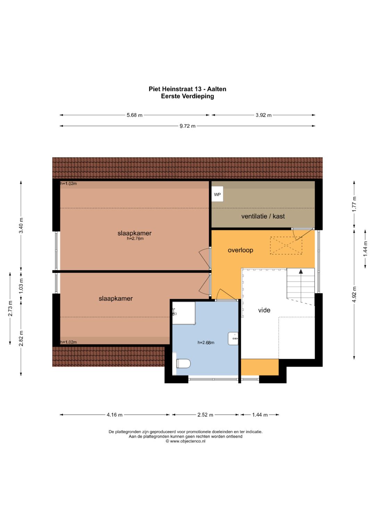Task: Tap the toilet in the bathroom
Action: [183, 364]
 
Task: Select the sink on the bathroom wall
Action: [233, 339]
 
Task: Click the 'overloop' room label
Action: [240, 250]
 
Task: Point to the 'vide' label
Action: [264, 310]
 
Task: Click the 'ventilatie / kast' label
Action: [263, 216]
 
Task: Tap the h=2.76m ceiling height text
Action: [135, 238]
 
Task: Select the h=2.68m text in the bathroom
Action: [206, 342]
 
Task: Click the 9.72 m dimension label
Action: [187, 126]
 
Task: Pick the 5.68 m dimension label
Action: [134, 115]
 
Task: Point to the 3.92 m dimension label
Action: [264, 115]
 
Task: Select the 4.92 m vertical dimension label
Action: [354, 294]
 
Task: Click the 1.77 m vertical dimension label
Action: [354, 204]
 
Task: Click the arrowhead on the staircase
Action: [301, 271]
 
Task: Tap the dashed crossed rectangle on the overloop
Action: [286, 246]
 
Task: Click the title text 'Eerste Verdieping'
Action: [187, 96]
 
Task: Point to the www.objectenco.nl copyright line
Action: [186, 441]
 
